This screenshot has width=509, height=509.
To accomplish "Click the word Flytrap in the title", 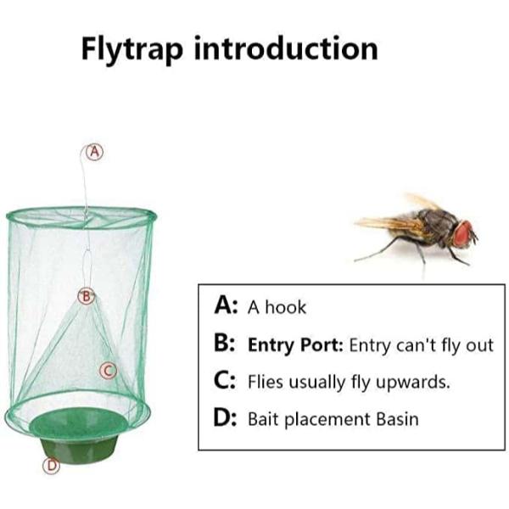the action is click(132, 50).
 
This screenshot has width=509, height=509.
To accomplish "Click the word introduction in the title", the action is click(287, 48).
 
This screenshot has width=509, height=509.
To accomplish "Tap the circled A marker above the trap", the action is click(94, 152).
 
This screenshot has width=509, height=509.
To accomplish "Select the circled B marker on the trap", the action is click(86, 296).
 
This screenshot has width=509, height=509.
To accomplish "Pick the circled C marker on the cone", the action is click(108, 371).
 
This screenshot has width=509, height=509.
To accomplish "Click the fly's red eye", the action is click(463, 232).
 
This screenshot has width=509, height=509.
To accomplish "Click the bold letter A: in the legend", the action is click(227, 305).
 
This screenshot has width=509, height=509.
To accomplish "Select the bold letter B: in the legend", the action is click(224, 344).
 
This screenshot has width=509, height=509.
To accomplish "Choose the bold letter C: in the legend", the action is click(224, 381).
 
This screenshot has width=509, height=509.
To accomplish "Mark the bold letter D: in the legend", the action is click(226, 418).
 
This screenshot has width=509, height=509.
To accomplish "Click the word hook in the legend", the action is click(285, 307).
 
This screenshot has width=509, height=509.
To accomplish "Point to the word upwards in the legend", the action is click(413, 382).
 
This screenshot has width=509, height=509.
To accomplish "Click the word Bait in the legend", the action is click(264, 419).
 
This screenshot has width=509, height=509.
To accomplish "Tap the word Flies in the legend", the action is click(266, 381).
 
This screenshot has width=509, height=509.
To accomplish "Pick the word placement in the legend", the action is click(327, 419).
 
